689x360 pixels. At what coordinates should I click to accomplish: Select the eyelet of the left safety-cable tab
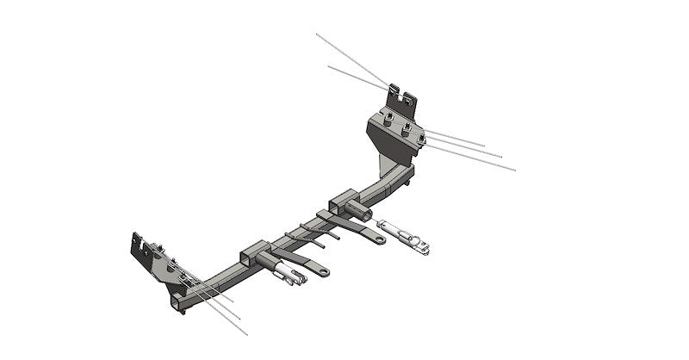click(324, 272)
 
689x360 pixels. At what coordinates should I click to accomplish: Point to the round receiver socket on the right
click(362, 210)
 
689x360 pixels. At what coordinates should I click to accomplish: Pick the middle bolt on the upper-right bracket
click(406, 128)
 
